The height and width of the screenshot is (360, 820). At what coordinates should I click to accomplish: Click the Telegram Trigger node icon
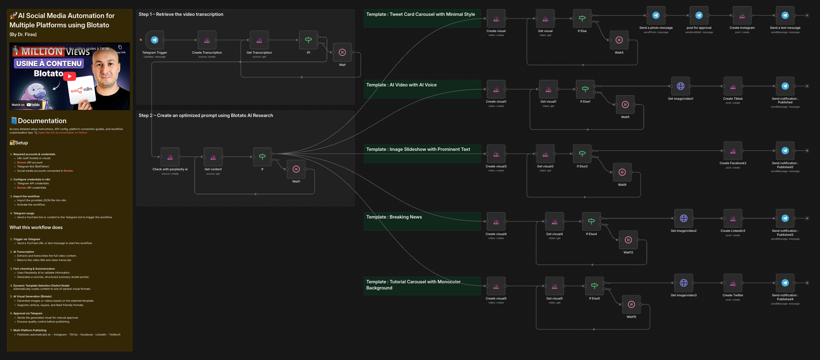tap(154, 40)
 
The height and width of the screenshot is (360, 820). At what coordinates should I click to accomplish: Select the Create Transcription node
tap(207, 40)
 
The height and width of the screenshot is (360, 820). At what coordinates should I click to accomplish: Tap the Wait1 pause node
tap(296, 169)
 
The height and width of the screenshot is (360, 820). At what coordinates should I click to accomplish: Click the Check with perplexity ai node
tap(170, 157)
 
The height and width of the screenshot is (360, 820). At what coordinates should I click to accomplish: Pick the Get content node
tap(213, 157)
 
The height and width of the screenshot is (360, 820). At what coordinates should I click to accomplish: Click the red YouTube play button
tap(70, 76)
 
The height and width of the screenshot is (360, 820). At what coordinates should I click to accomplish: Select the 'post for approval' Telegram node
tap(699, 15)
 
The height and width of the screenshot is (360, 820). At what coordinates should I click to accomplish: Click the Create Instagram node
tap(742, 15)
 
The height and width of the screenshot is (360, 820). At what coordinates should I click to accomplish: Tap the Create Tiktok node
tap(733, 86)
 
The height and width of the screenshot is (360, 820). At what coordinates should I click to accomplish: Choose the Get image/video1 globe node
tap(681, 86)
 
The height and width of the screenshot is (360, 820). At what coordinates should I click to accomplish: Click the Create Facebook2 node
tap(733, 151)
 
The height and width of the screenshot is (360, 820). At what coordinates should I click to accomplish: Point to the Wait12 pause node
tap(628, 240)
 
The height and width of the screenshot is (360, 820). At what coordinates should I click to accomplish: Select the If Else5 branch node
tap(595, 286)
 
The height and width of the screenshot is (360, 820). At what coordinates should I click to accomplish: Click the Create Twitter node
tap(733, 283)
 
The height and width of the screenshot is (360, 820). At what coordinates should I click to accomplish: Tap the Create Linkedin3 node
tap(733, 219)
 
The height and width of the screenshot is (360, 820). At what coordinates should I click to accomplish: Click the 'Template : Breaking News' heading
tap(394, 217)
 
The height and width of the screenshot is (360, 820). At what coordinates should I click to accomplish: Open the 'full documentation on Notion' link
tap(63, 133)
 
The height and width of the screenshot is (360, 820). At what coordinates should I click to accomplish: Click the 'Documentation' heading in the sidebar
tap(42, 121)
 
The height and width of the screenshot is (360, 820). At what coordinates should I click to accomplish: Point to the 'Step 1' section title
tap(181, 14)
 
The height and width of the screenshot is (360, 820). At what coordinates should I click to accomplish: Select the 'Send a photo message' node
tap(656, 15)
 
